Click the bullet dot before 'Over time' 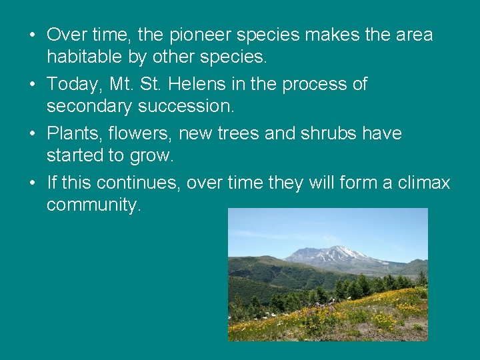click(32, 35)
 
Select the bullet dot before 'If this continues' click(32, 183)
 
